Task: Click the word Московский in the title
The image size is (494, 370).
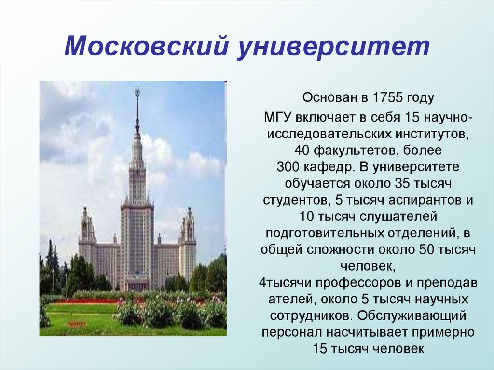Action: pyautogui.click(x=145, y=46)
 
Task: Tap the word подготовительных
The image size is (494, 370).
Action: pyautogui.click(x=325, y=233)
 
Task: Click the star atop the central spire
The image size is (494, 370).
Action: pyautogui.click(x=137, y=92)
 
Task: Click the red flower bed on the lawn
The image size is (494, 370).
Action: pyautogui.click(x=82, y=301)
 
